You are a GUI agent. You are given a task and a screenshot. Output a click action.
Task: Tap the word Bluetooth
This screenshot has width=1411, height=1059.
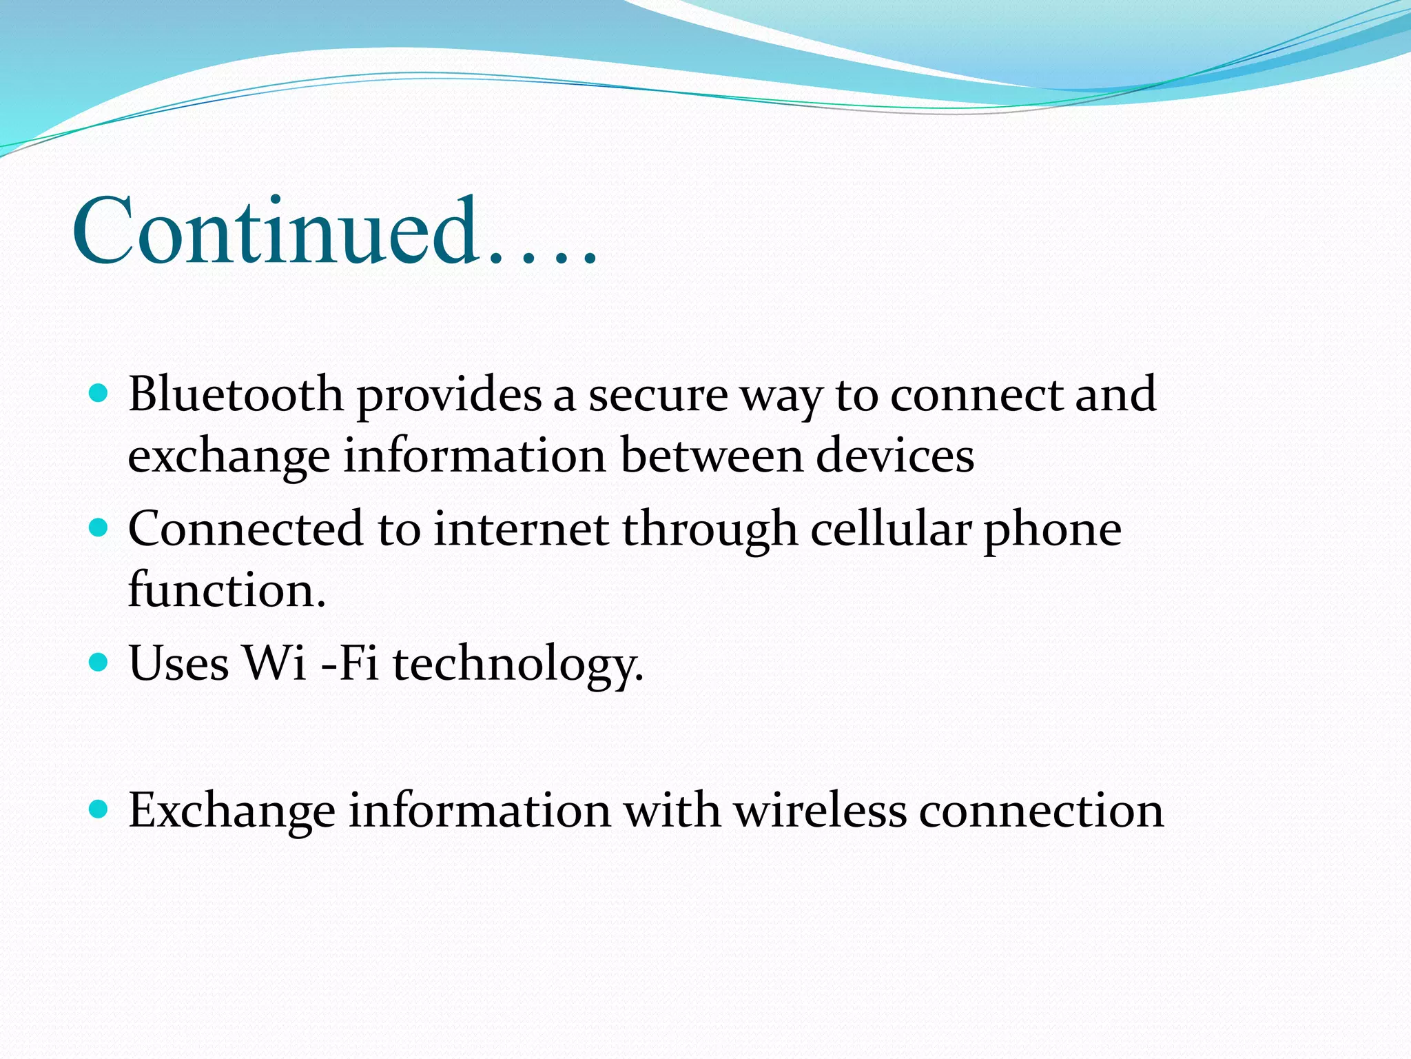236,394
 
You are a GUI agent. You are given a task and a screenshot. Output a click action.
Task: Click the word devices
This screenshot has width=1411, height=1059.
895,456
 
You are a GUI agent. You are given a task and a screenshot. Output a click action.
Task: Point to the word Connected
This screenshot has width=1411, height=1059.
245,529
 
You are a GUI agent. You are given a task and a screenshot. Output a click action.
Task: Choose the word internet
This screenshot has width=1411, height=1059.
521,529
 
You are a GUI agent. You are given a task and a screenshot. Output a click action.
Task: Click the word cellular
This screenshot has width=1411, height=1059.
890,529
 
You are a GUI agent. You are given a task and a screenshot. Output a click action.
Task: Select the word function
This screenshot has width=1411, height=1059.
227,590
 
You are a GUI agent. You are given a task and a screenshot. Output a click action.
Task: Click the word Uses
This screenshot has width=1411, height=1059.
178,663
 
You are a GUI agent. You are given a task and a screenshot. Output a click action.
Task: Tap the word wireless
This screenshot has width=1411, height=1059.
820,810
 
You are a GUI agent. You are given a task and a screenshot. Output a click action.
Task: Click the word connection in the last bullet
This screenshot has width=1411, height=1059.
1041,810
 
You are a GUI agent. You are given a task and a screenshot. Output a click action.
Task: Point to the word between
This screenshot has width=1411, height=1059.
712,456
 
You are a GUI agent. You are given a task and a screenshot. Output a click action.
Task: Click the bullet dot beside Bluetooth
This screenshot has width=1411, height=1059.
99,394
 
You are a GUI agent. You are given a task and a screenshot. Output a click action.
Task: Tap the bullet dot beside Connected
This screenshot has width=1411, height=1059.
99,529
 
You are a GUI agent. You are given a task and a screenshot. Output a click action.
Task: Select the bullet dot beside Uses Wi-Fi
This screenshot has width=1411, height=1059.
99,663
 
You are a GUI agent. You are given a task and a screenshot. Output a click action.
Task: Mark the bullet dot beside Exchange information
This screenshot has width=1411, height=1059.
99,809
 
